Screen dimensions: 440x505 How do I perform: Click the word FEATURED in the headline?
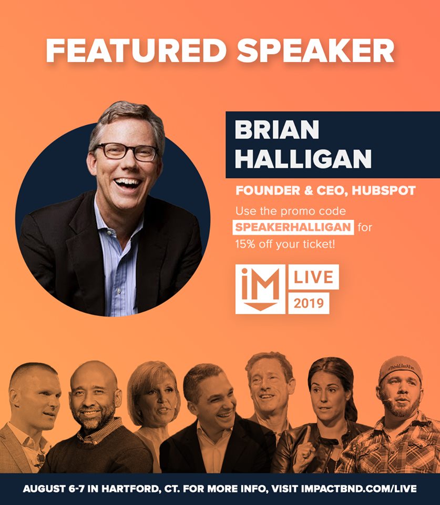point(136,51)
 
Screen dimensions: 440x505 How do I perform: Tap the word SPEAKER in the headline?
point(316,51)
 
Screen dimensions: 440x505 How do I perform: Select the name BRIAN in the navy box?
point(277,129)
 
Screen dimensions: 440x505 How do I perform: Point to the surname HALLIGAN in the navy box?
point(303,158)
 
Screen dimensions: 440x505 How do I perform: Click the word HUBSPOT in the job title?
point(384,190)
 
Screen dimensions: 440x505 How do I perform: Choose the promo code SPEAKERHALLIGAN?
point(293,227)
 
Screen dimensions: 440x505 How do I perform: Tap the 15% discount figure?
point(245,244)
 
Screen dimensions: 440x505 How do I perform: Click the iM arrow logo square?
point(260,289)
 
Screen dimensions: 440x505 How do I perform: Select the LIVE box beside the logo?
point(313,277)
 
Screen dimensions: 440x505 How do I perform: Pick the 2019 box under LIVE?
point(309,303)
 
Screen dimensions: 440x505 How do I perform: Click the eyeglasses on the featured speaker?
point(127,151)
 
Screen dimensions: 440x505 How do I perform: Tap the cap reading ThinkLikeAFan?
point(400,368)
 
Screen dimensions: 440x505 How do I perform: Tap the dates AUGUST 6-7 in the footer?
point(54,489)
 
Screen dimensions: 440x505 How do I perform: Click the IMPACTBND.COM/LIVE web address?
point(359,489)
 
